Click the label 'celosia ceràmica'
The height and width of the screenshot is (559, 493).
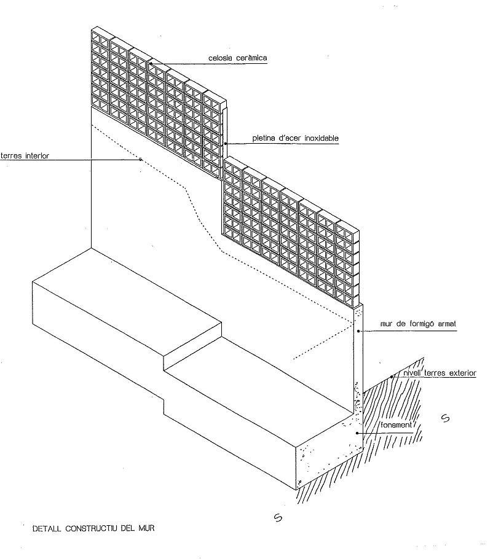click(237, 58)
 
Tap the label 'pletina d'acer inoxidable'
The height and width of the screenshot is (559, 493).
click(296, 138)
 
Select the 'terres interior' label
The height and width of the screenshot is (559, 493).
click(25, 156)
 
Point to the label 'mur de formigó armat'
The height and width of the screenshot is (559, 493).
click(418, 324)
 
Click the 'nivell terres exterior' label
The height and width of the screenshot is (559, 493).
click(440, 373)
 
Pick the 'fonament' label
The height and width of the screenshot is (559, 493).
click(396, 425)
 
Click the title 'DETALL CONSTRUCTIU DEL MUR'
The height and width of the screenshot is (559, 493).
click(93, 528)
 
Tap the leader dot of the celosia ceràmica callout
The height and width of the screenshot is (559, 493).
click(151, 64)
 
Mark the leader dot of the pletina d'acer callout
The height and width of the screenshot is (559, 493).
click(226, 144)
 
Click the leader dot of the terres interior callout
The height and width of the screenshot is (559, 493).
click(141, 159)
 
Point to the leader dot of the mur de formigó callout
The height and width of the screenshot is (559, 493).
click(358, 331)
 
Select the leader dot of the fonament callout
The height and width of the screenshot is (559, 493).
click(357, 433)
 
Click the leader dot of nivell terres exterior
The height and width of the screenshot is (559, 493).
click(392, 377)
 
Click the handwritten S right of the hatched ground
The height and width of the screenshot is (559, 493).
click(445, 418)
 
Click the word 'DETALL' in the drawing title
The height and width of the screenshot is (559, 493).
click(46, 528)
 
